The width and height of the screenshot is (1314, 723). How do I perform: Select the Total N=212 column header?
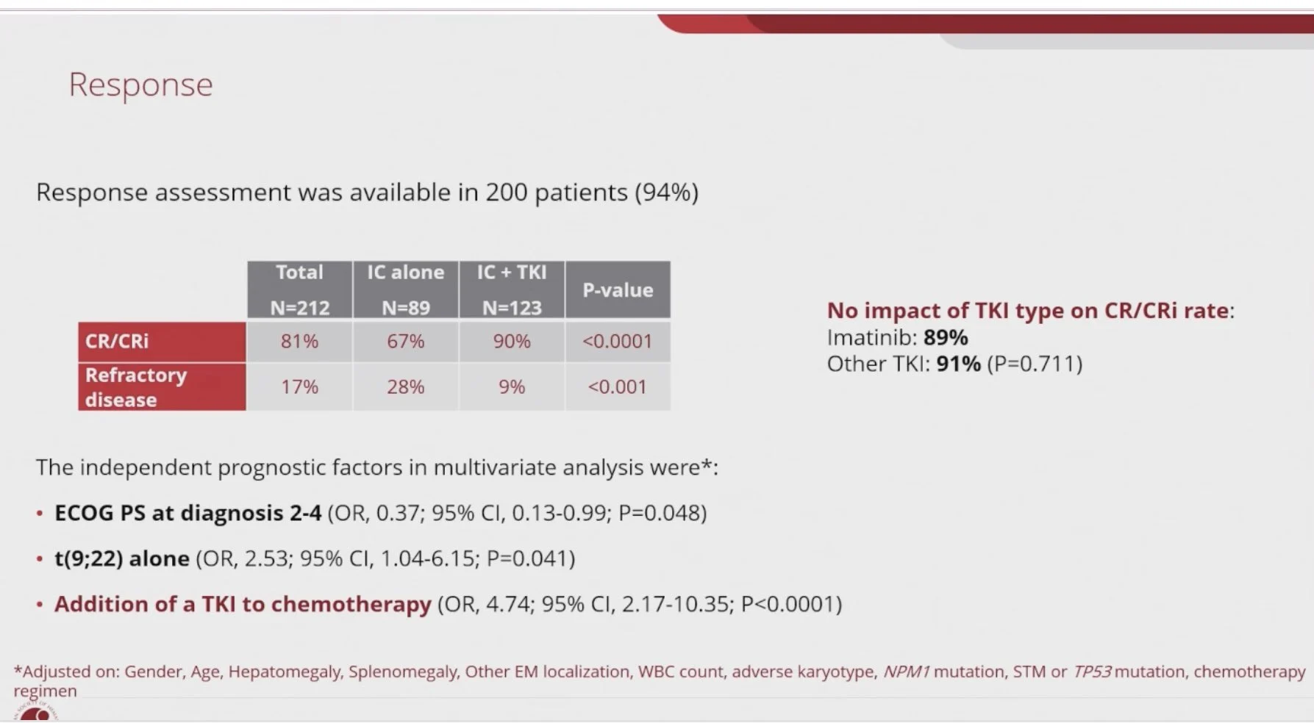point(300,289)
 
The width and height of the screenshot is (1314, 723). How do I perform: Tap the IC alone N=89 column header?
point(406,289)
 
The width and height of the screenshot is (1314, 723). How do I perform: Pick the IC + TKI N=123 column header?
point(512,289)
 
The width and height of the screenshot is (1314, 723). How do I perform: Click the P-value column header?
point(618,289)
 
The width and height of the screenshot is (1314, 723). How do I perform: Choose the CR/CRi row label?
point(162,342)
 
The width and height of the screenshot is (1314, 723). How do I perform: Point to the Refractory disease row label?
point(162,386)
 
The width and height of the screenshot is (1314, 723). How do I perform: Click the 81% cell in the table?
point(300,342)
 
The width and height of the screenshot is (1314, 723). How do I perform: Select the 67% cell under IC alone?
point(406,342)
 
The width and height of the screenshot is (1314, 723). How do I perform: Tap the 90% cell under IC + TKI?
point(512,342)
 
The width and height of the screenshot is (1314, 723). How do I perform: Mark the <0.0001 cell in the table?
point(618,342)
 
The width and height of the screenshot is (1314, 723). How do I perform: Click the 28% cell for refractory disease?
point(406,386)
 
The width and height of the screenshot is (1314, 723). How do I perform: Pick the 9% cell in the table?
point(512,386)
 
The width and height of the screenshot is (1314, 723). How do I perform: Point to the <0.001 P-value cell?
point(618,386)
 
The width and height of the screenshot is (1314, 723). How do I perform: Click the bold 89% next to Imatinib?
point(946,337)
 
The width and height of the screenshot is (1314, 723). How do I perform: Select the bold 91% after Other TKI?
point(959,364)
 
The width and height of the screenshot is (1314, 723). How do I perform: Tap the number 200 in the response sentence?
point(506,193)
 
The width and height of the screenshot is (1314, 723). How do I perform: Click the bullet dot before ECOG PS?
point(40,514)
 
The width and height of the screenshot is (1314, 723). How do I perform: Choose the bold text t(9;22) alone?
point(122,558)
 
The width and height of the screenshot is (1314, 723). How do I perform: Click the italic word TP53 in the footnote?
point(1092,672)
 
